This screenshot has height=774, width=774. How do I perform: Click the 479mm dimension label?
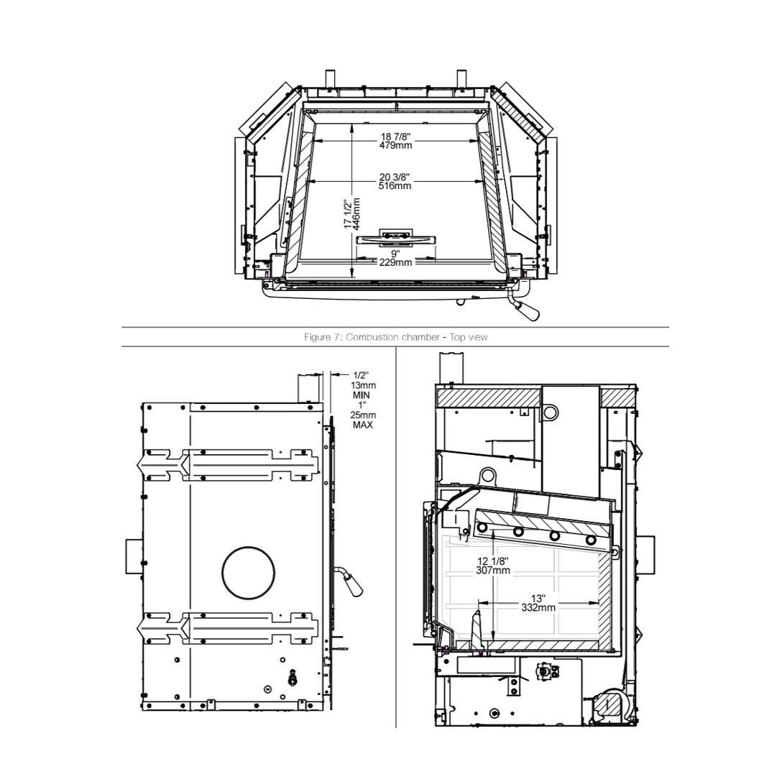tap(395, 145)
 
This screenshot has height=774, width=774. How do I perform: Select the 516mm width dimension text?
tap(395, 185)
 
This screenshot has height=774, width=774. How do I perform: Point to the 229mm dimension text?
tap(395, 262)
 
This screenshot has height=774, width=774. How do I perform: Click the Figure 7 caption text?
tap(395, 337)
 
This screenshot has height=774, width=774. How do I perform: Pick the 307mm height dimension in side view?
tap(494, 571)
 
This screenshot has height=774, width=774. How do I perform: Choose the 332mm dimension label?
tap(538, 607)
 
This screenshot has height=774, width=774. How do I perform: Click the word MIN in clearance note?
tap(361, 395)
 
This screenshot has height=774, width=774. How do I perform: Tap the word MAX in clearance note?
tap(363, 425)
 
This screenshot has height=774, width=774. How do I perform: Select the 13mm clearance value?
tap(364, 385)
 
